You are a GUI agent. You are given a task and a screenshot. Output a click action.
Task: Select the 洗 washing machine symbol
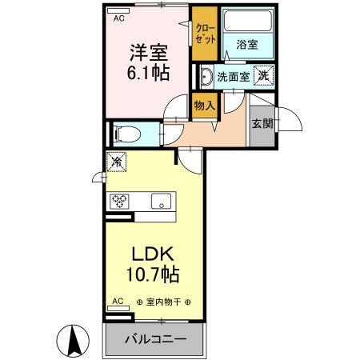pos(263,75)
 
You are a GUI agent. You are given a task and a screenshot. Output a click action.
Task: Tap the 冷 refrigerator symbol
pos(115,161)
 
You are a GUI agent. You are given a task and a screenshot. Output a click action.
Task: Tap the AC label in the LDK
pos(118,302)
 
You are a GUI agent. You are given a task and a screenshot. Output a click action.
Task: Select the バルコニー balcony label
pos(155,339)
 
